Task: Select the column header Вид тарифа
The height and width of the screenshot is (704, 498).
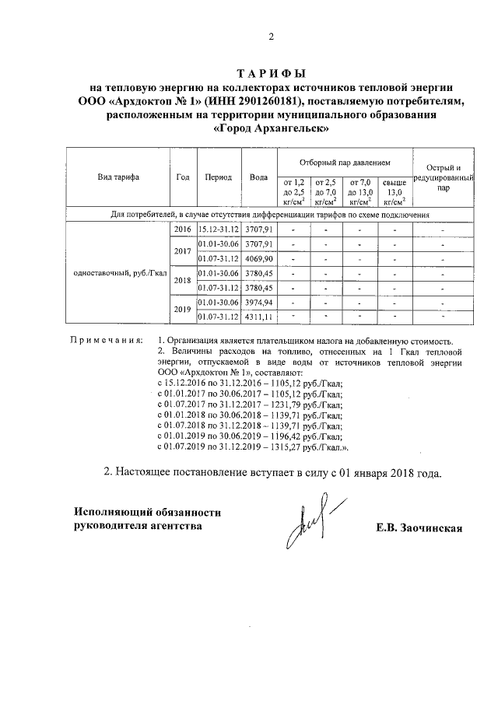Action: point(118,177)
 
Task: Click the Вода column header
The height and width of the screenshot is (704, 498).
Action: point(258,177)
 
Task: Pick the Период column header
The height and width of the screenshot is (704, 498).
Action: point(218,177)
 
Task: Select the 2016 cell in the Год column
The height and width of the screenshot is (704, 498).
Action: point(182,230)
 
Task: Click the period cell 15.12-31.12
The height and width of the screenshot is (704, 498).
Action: point(218,230)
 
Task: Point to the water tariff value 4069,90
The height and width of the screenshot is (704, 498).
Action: point(258,258)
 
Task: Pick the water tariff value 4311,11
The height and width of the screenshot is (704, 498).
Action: point(258,317)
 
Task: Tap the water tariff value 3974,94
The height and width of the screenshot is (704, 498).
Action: point(258,303)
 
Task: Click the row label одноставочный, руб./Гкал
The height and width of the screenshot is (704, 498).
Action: point(118,273)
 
